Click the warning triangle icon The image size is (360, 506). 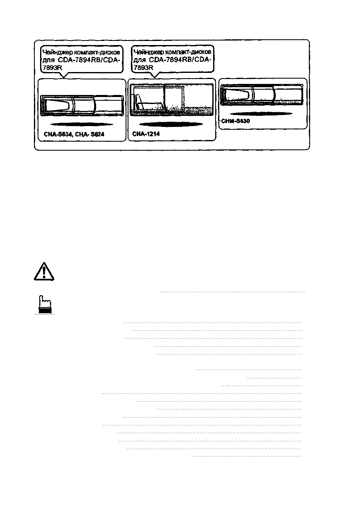[x=43, y=271]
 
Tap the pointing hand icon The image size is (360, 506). [x=44, y=305]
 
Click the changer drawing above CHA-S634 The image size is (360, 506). [x=82, y=105]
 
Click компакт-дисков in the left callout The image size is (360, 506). [x=96, y=52]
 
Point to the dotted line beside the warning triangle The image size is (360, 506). [x=232, y=292]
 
